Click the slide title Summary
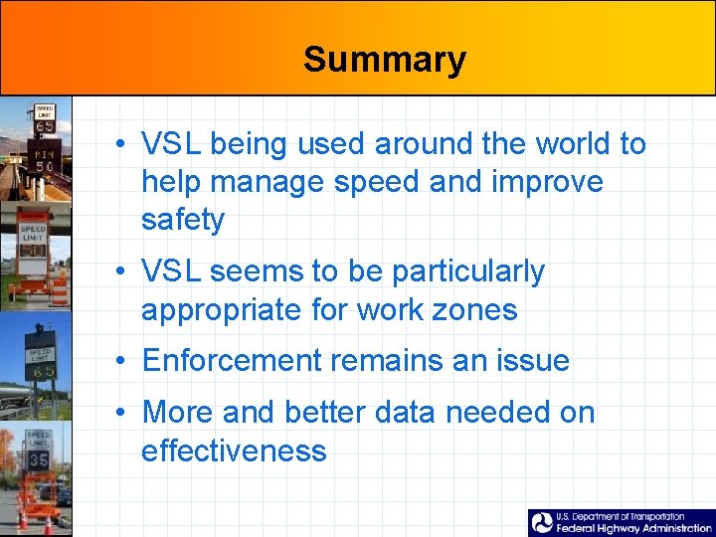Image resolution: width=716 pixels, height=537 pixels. pos(384,60)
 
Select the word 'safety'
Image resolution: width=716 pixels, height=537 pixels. pos(183,220)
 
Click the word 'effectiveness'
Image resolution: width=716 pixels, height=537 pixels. pos(234,450)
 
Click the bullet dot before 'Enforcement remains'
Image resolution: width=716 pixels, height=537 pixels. pos(118,361)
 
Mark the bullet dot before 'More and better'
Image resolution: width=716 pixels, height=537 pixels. pos(118,412)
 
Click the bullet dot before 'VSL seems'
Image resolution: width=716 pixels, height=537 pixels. pos(118,271)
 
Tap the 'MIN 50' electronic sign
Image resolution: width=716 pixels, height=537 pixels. pos(45,159)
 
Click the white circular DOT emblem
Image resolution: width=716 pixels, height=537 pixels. pos(542,523)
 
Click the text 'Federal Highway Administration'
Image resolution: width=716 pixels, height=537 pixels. pos(633,529)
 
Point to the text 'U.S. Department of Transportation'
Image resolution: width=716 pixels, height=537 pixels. pos(621,516)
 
